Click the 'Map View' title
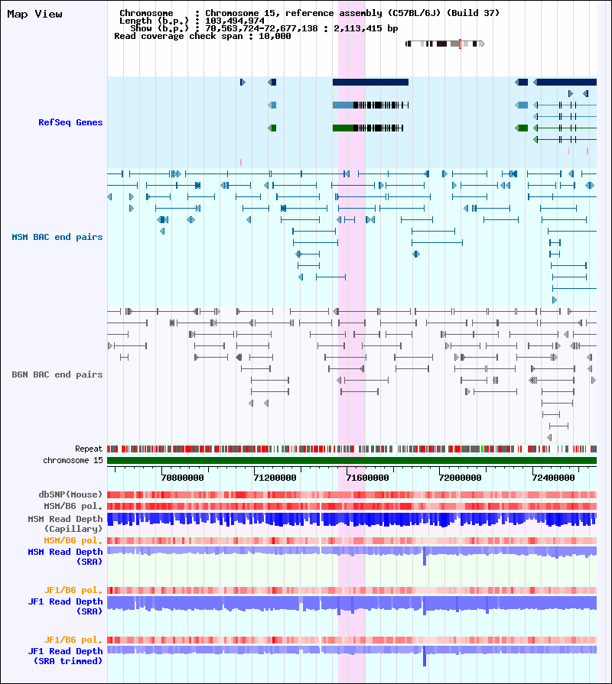[x=34, y=15]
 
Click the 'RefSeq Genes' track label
[x=70, y=122]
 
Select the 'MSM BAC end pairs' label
[x=57, y=237]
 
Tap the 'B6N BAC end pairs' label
[x=57, y=374]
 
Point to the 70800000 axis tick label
[x=183, y=478]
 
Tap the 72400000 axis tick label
[x=554, y=478]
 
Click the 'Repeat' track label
[x=89, y=449]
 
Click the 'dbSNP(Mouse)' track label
[x=70, y=494]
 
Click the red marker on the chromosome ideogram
[x=460, y=44]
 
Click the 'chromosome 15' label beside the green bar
[x=73, y=460]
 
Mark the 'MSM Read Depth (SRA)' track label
[x=65, y=556]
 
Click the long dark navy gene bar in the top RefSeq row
[x=370, y=82]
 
